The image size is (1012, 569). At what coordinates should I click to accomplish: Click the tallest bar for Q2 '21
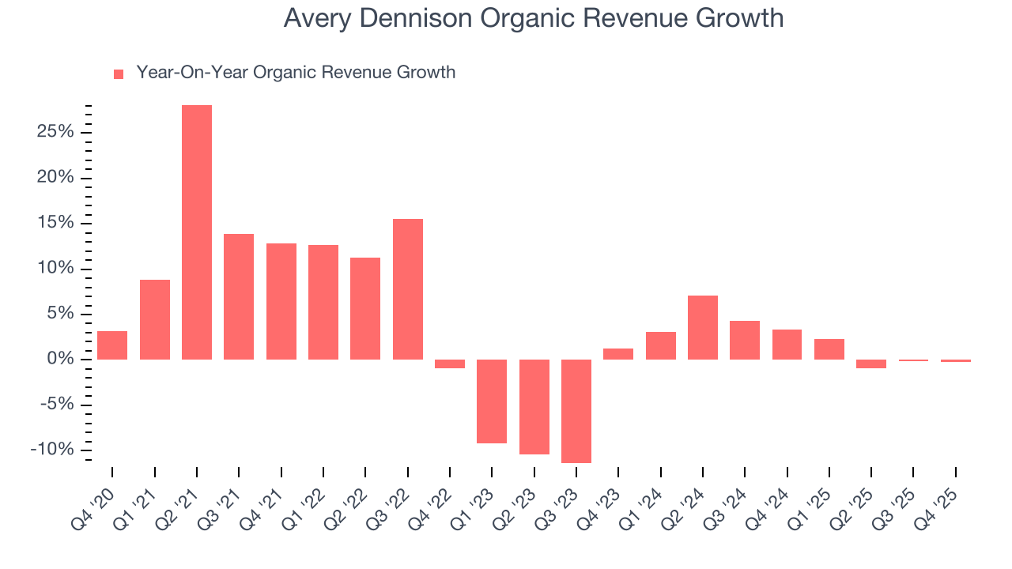(197, 232)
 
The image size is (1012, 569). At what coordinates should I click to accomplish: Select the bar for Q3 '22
(408, 289)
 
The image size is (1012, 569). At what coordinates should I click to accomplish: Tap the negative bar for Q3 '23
(576, 411)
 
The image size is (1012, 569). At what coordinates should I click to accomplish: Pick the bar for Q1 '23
(492, 401)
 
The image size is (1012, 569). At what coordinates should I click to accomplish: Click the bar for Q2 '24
(703, 327)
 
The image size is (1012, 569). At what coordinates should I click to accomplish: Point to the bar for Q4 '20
(112, 345)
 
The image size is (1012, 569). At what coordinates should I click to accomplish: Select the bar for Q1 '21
(155, 319)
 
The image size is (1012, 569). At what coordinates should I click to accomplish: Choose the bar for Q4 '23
(618, 354)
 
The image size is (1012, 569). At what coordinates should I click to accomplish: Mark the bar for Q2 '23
(534, 407)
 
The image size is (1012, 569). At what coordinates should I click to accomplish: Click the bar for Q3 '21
(239, 296)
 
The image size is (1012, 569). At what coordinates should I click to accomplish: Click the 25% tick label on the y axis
(55, 132)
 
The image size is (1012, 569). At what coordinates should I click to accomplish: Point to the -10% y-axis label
(52, 450)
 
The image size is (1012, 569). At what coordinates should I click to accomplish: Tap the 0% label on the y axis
(60, 360)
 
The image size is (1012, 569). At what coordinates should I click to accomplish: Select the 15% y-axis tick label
(55, 223)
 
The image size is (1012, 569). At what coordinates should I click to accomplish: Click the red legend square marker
(119, 74)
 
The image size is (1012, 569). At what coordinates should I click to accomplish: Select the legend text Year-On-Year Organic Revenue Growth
(296, 73)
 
